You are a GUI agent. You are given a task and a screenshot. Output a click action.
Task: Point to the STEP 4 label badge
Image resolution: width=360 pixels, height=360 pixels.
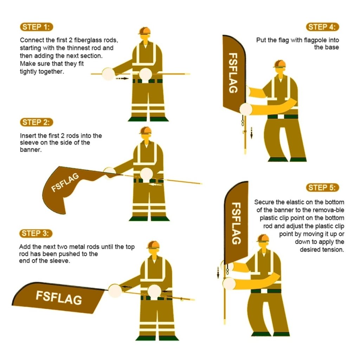(x=323, y=27)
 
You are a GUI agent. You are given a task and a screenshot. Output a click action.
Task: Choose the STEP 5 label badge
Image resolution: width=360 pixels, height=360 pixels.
(x=323, y=187)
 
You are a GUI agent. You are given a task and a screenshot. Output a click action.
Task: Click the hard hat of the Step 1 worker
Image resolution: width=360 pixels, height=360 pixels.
(x=144, y=31)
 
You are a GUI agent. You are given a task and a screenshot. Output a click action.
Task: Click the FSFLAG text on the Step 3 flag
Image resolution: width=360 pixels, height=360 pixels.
(x=59, y=297)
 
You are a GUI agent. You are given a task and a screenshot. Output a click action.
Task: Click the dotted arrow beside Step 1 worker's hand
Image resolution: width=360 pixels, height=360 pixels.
(x=122, y=79)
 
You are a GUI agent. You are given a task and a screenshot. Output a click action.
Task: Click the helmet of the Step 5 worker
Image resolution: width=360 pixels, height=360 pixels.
(x=262, y=238)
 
